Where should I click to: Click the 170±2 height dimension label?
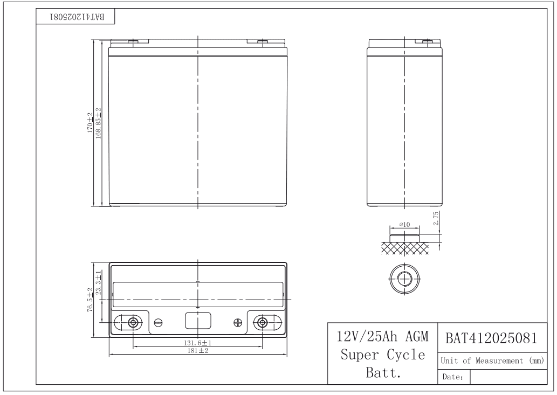pos(90,123)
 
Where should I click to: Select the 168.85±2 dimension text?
pos(98,123)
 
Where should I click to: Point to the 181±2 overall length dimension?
pos(198,350)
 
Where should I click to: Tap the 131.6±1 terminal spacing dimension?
pos(198,343)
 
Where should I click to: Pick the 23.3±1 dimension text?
pos(98,284)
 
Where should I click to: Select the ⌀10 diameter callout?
pos(404,224)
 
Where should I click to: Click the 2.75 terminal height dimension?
pos(436,218)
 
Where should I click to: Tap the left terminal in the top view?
pos(133,323)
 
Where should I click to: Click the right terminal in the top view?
pos(262,323)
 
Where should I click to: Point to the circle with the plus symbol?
pos(238,323)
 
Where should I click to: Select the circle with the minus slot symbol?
pos(158,323)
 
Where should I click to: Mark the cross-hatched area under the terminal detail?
pos(404,247)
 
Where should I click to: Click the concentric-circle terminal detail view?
pos(404,279)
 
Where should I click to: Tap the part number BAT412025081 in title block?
pos(491,338)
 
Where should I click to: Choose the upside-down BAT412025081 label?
pos(77,17)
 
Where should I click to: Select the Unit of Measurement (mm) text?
pos(490,360)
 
